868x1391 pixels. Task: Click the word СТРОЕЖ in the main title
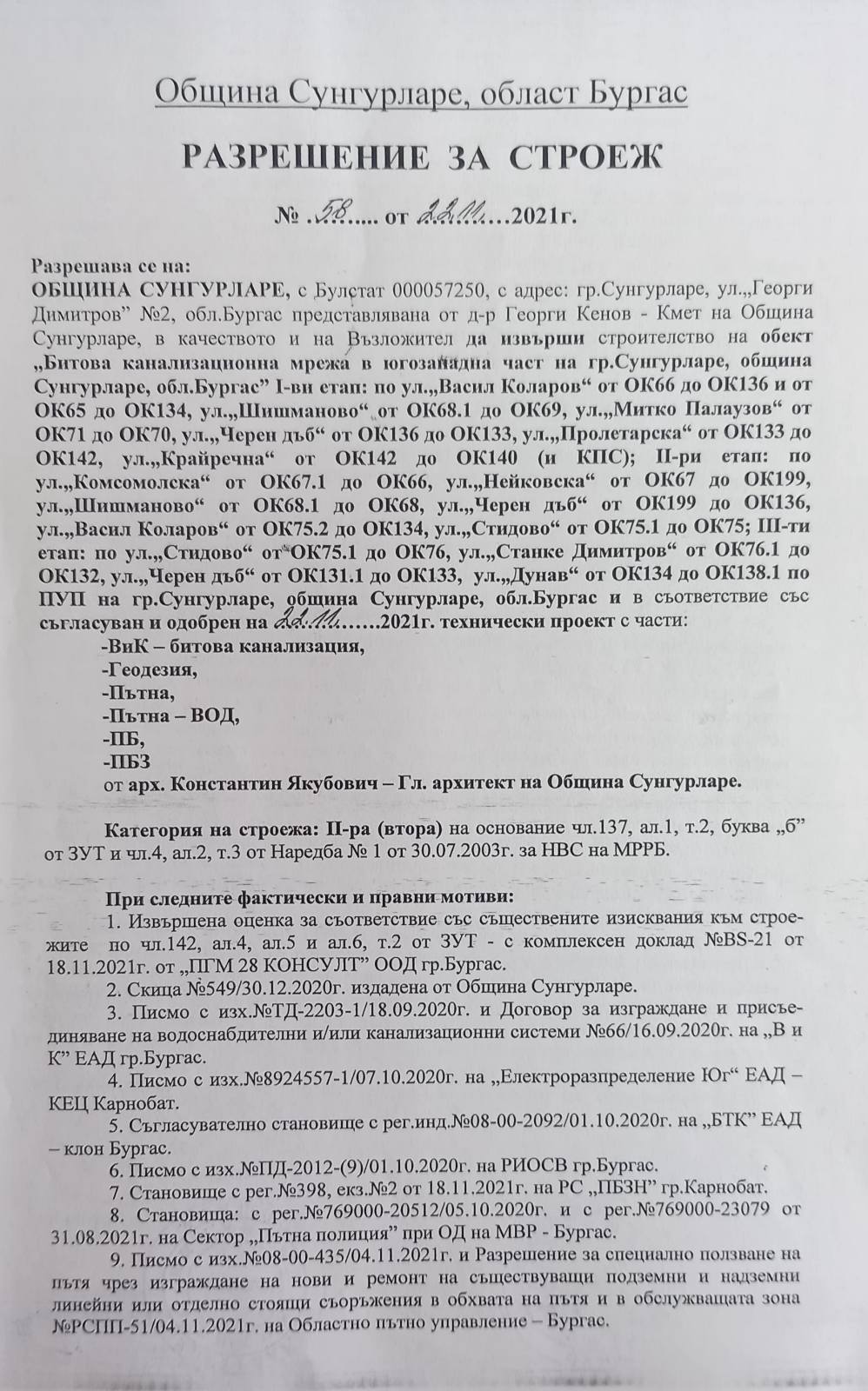[584, 156]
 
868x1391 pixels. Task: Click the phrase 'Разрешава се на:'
[110, 265]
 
